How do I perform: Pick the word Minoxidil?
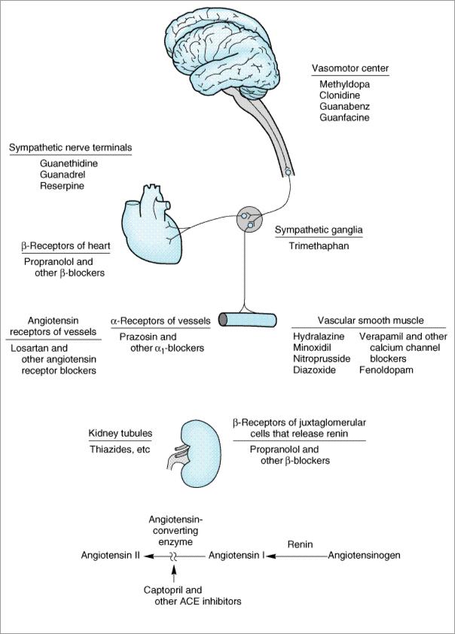[x=313, y=349]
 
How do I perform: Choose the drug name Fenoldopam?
[x=386, y=370]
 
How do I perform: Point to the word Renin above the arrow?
[x=300, y=542]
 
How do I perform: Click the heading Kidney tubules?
[x=121, y=434]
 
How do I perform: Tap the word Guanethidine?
[x=69, y=163]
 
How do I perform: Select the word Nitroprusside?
[x=322, y=360]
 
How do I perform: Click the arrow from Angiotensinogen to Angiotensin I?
[x=297, y=556]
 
